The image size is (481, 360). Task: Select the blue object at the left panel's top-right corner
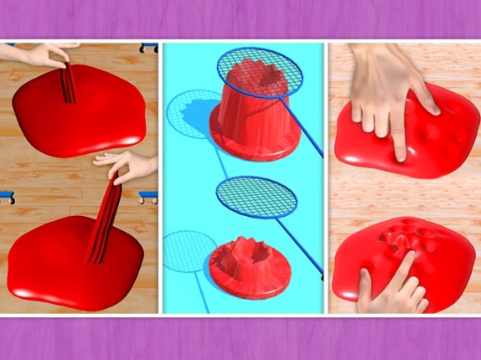tap(148, 47)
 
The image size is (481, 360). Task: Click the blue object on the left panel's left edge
tap(6, 197)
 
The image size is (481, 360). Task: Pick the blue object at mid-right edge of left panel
tap(148, 198)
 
